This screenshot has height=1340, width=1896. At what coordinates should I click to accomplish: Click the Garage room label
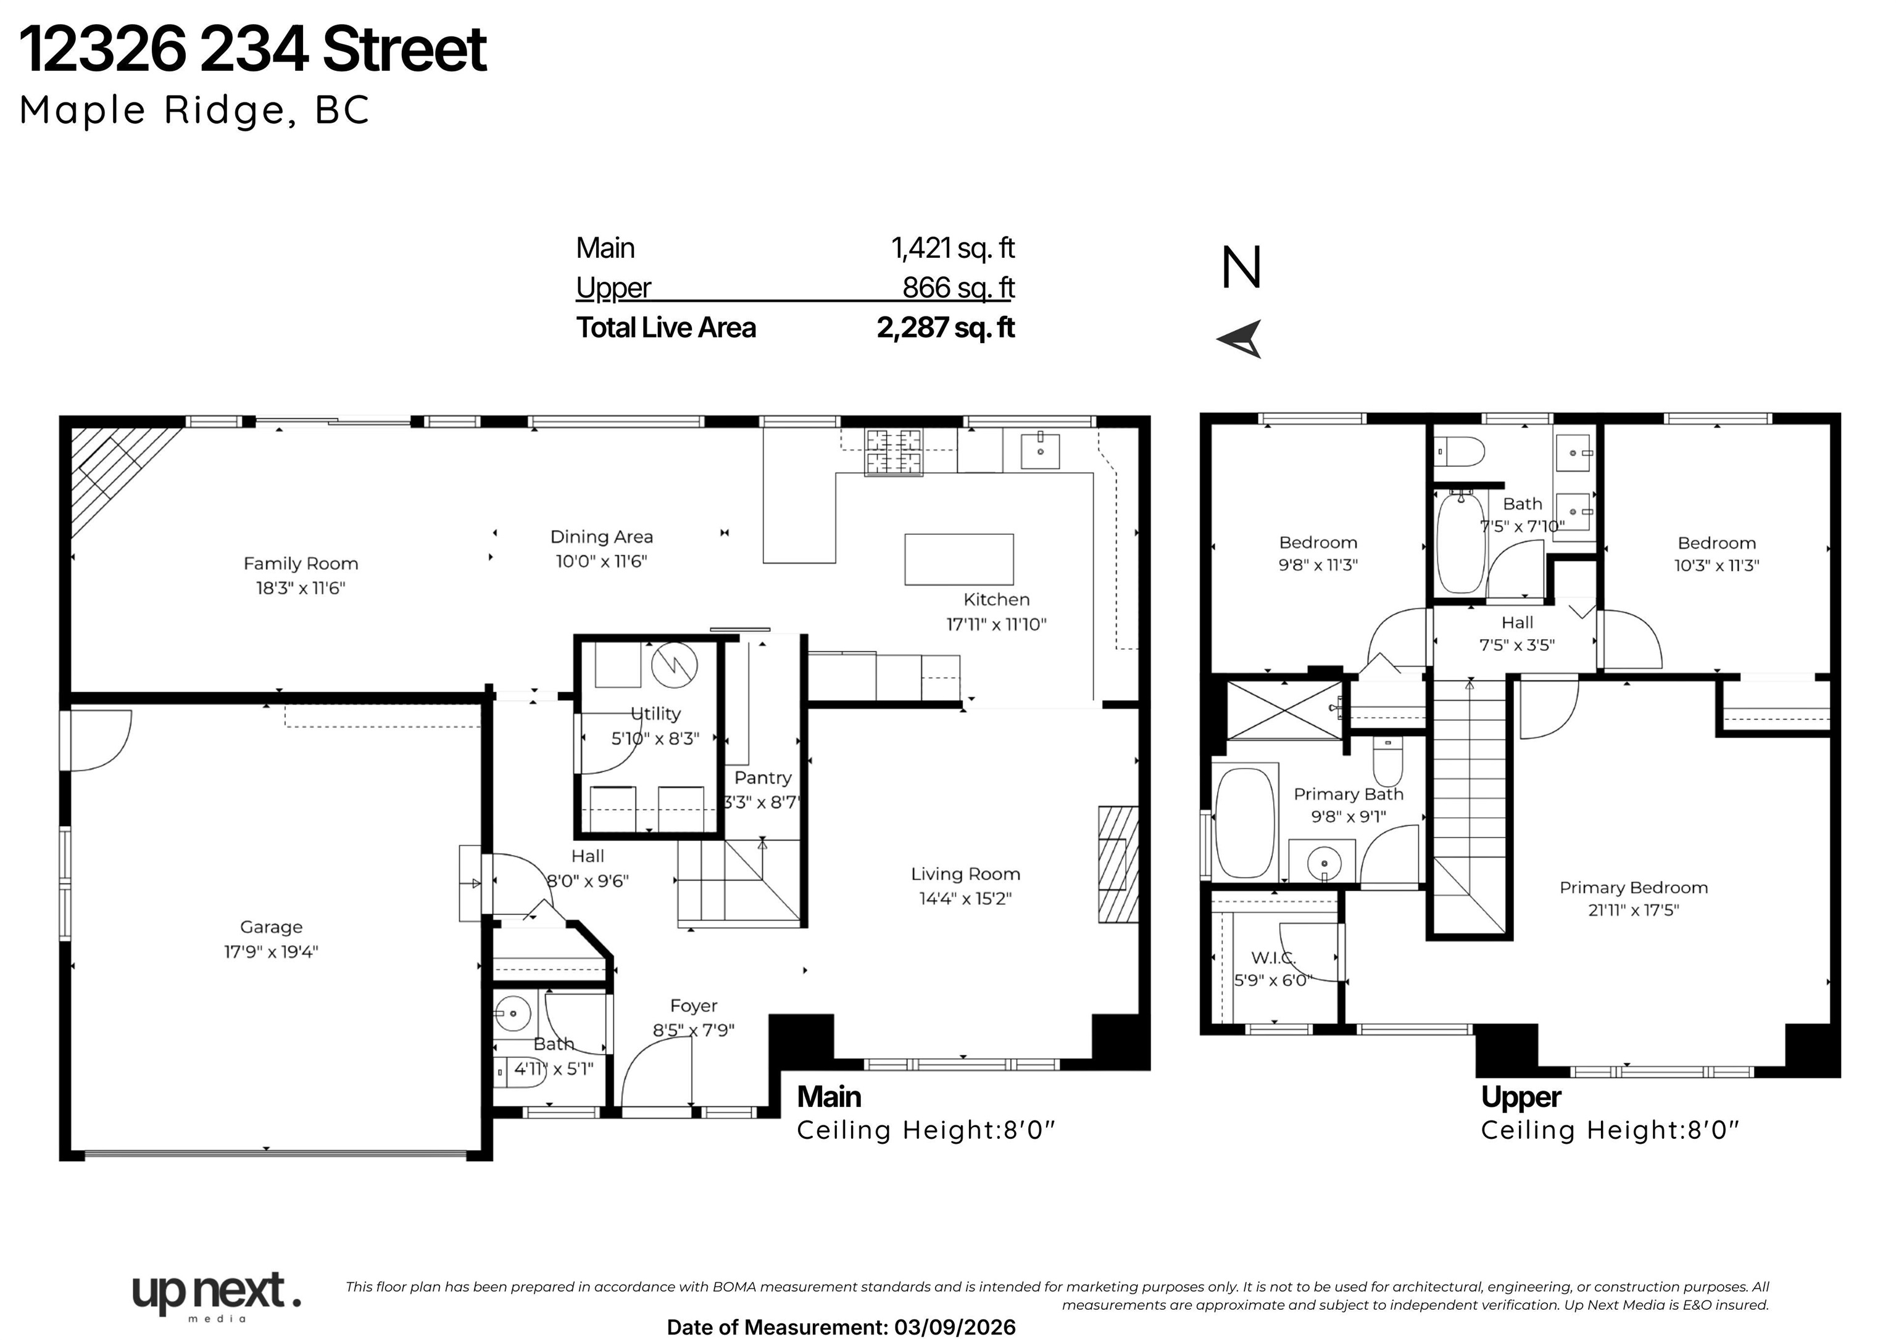click(271, 927)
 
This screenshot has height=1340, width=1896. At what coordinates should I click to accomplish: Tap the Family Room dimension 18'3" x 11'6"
click(300, 588)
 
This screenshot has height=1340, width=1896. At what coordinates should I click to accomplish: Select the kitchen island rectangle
click(958, 559)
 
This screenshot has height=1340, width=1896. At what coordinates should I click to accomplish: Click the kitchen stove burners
click(894, 452)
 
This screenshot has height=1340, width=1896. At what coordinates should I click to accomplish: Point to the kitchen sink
click(1040, 450)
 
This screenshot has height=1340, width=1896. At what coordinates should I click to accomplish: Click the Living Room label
click(965, 874)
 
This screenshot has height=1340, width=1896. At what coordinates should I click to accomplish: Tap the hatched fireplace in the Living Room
click(1118, 864)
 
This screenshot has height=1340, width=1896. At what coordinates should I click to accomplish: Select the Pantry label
click(762, 778)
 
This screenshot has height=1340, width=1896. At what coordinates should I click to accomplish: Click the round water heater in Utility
click(674, 664)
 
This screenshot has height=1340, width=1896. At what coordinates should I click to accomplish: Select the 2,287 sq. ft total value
click(946, 328)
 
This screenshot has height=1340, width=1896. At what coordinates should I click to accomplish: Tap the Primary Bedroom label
click(1634, 888)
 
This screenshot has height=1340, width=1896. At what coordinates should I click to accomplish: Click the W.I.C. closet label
click(1273, 957)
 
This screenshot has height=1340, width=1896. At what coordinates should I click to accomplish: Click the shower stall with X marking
click(1284, 710)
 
